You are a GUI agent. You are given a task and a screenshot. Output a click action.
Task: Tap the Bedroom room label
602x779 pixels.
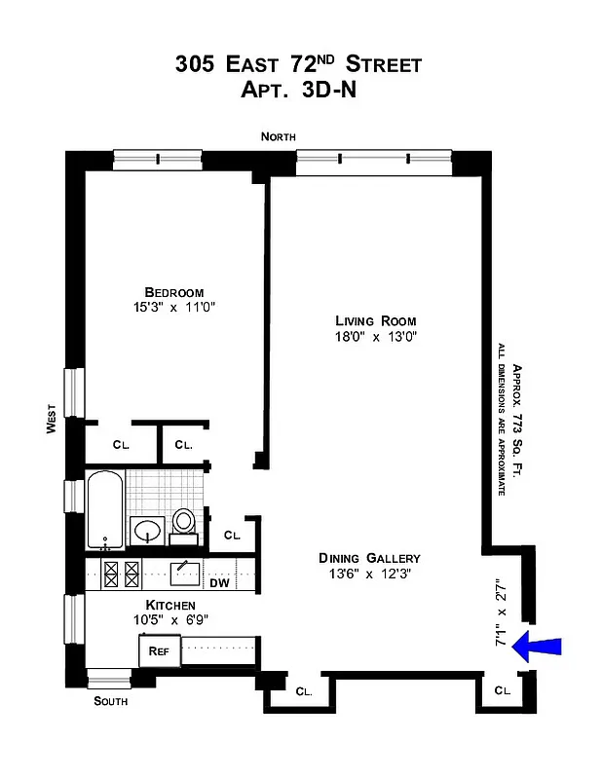pos(173,292)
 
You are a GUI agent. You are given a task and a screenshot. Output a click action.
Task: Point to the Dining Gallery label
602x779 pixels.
pos(369,558)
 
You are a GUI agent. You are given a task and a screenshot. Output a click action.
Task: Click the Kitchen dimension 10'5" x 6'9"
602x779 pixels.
pos(173,619)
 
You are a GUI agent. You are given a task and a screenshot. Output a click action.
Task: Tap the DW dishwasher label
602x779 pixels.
pos(220,584)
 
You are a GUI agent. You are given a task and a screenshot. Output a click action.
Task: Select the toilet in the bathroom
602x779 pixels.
pos(183,525)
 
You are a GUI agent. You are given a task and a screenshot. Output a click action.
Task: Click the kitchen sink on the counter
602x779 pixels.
pos(185,573)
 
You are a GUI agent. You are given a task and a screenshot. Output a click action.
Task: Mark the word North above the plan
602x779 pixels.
pos(278,137)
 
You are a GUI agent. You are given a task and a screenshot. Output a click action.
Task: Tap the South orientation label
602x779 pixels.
pos(110,701)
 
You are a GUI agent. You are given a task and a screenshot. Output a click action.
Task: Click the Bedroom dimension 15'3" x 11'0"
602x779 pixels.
pos(173,308)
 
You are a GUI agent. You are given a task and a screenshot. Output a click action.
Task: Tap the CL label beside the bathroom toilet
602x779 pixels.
pos(232,535)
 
